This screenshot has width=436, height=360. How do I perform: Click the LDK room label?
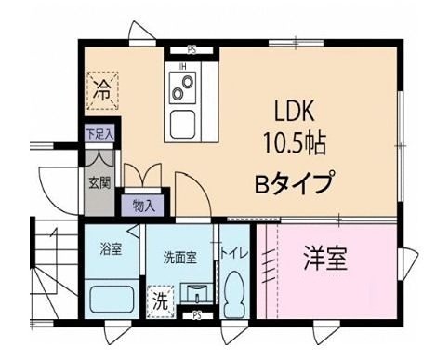coord(295,111)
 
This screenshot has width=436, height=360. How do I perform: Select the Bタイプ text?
coord(294,183)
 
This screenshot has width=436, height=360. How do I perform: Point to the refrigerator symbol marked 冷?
coord(102,91)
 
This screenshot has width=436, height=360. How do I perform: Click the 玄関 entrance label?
coord(99,180)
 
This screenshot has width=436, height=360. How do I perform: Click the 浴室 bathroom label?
coord(111,250)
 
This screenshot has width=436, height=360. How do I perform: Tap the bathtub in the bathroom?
coord(111,300)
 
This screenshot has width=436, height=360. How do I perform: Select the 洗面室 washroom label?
coord(179,258)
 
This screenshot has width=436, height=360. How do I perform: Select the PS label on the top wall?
coord(192,50)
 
